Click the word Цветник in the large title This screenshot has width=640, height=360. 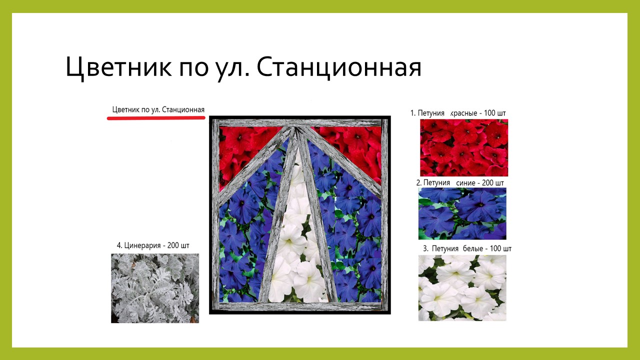(x=119, y=68)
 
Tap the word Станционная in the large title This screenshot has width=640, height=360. (x=339, y=67)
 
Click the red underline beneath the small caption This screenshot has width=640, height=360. (x=156, y=117)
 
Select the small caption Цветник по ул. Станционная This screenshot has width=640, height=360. (x=158, y=109)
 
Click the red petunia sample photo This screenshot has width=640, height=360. (x=464, y=147)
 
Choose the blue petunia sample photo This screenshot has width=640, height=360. (x=462, y=213)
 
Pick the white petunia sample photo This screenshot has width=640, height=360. (x=462, y=287)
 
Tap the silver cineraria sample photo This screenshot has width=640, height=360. (x=155, y=288)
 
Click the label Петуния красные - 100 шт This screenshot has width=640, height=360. (x=458, y=113)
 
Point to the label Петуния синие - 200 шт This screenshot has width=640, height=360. (x=460, y=183)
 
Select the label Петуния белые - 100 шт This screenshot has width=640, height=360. (x=467, y=248)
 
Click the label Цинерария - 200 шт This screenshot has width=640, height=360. (x=153, y=245)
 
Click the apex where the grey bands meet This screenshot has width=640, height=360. (x=296, y=129)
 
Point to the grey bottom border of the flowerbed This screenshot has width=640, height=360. (x=300, y=306)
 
